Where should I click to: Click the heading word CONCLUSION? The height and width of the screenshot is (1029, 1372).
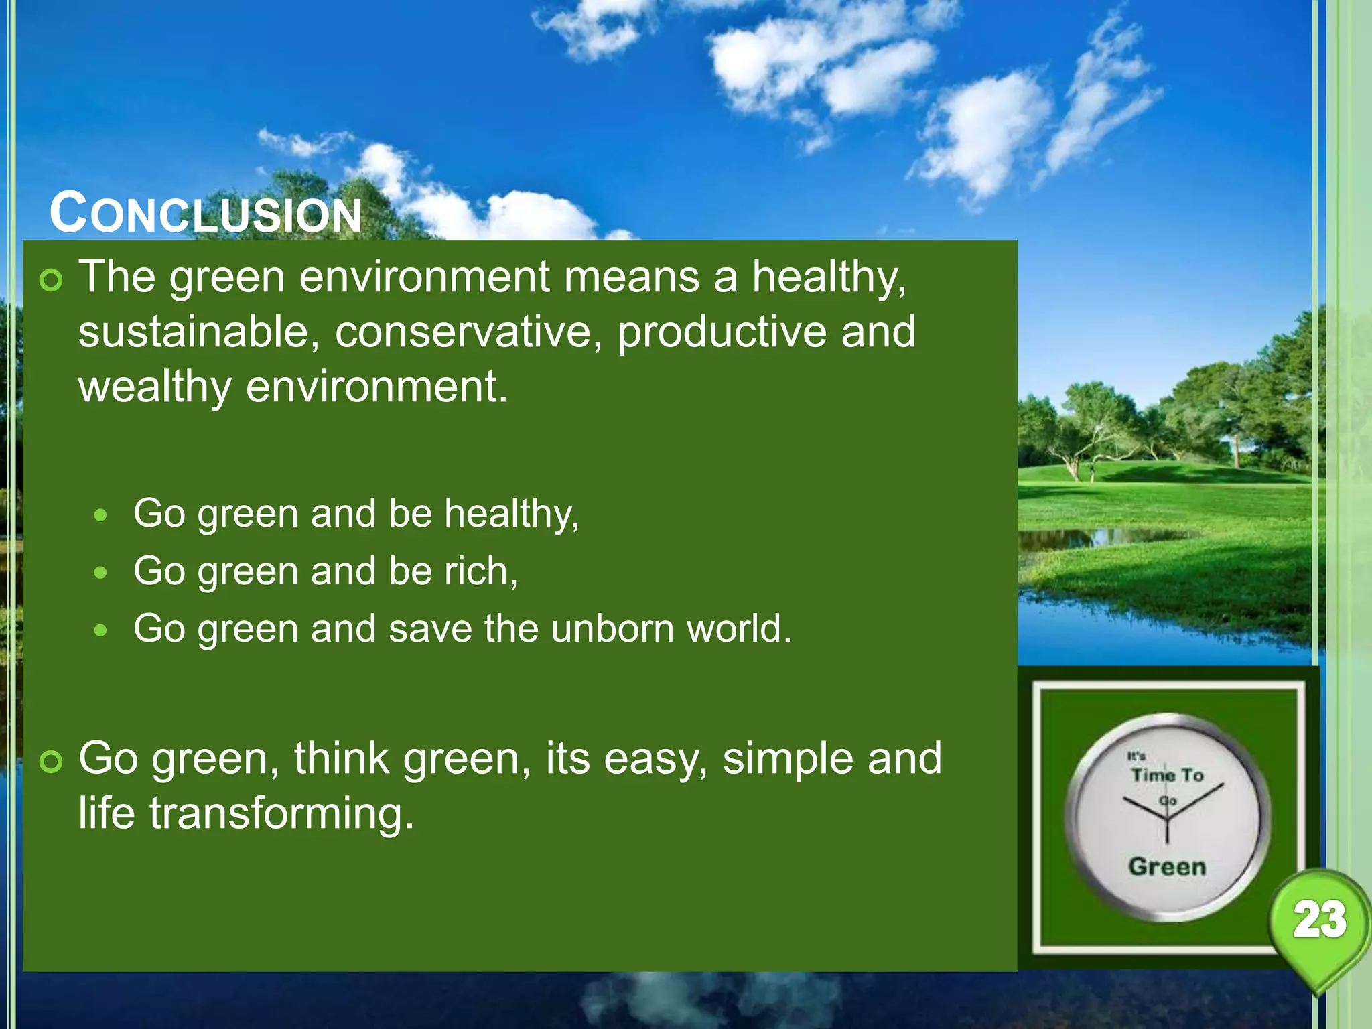206,214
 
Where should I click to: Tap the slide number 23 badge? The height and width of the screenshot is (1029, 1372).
1319,919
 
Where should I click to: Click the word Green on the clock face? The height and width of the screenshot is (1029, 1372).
1167,866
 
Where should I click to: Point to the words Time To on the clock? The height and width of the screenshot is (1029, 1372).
1168,775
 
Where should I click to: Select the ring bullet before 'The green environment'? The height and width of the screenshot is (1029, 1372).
51,280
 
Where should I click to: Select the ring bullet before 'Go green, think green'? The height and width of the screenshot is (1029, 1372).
51,762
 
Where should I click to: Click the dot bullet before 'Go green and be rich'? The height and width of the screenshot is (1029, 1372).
100,573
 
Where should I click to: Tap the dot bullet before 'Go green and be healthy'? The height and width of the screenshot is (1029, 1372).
100,515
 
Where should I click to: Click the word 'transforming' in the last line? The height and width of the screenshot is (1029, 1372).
281,813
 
